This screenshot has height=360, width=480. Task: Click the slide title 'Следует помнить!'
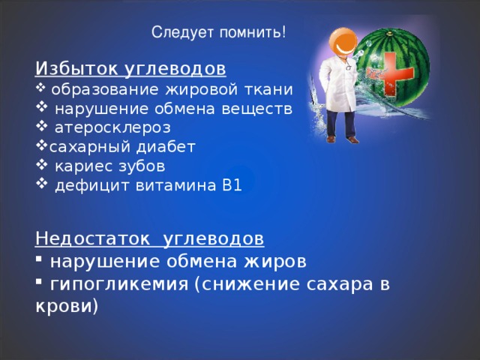[x=218, y=32]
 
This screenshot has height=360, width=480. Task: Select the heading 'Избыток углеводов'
[x=130, y=69]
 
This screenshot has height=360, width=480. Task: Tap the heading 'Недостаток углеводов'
[x=150, y=238]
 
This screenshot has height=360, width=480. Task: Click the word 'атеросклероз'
[x=112, y=128]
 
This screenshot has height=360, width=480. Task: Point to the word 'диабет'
[x=166, y=147]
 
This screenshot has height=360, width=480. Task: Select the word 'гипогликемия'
[x=119, y=285]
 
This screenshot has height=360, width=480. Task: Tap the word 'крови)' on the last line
[x=67, y=306]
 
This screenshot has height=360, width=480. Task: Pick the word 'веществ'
[x=256, y=109]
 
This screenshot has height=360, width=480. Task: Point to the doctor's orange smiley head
[x=343, y=42]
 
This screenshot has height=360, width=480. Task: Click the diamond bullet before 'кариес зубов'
[x=42, y=165]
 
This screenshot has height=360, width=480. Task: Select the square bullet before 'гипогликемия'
[x=38, y=281]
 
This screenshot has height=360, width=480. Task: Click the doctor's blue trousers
[x=340, y=124]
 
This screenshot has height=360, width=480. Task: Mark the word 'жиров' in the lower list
[x=274, y=262]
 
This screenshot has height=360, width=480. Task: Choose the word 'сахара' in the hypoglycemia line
[x=340, y=284]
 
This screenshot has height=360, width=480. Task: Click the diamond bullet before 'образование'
[x=40, y=88]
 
